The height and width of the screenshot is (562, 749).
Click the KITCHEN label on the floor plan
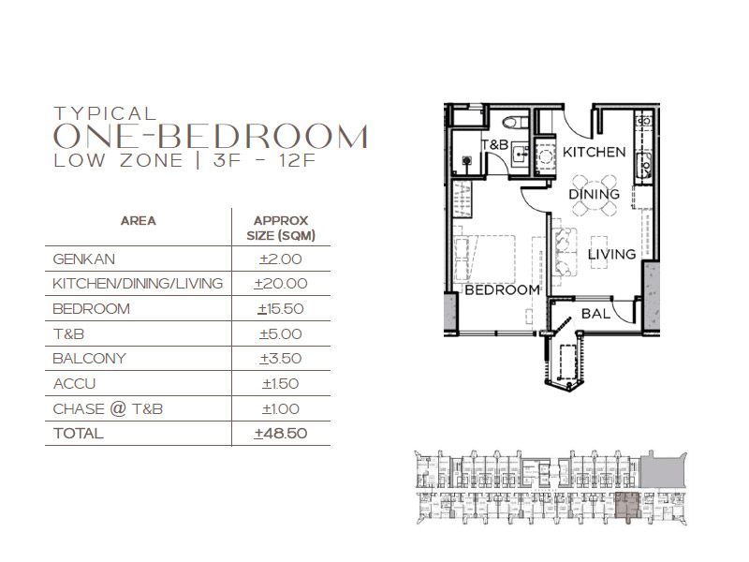pos(595,152)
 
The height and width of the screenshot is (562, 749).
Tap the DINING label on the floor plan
pos(595,194)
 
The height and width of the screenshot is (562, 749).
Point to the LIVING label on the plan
pos(612,254)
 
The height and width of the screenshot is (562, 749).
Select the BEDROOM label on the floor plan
pos(503,289)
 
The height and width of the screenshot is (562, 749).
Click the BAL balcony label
pos(595,314)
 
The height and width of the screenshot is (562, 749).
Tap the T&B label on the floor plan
pos(495,144)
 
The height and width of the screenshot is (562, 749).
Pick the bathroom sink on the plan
pos(520,155)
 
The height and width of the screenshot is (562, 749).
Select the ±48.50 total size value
pos(281,434)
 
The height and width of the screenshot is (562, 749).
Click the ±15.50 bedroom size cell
pos(281,309)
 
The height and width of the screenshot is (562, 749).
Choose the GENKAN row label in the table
pos(83,259)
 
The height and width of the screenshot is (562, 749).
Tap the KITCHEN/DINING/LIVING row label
pos(138,284)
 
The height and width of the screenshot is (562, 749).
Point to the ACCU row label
pos(74,384)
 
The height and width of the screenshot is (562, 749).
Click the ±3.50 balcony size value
pos(281,359)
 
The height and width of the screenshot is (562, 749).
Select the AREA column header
pos(138,221)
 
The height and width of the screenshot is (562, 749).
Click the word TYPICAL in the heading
pos(106,113)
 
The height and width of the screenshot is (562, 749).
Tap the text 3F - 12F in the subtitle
pos(265,160)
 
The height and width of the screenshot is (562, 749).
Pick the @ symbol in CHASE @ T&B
pos(118,409)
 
